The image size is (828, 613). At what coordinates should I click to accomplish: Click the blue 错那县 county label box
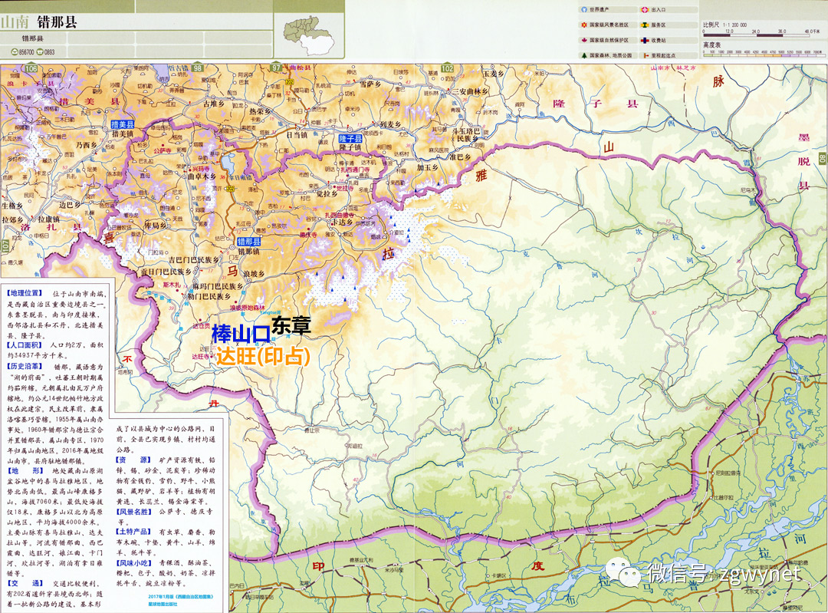249,241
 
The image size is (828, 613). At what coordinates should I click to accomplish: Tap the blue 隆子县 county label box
350,138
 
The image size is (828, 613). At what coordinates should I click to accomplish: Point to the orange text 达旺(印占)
262,356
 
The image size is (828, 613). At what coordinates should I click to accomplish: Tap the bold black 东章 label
291,325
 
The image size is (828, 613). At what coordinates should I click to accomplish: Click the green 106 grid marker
31,69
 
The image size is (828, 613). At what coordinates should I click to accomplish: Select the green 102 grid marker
447,69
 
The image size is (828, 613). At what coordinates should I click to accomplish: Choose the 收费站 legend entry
657,40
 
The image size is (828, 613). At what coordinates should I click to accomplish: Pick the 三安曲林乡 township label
470,91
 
